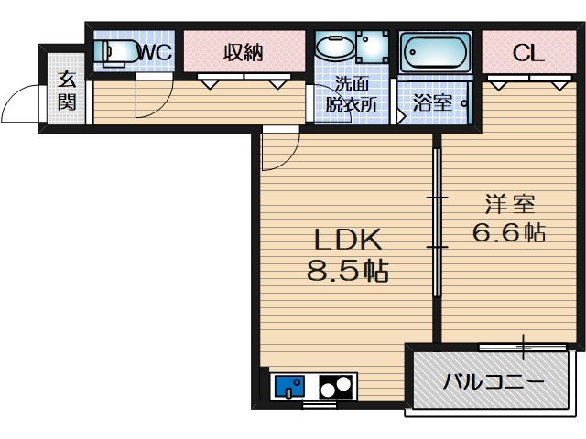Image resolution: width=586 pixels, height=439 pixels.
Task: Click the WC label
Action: pyautogui.click(x=156, y=53)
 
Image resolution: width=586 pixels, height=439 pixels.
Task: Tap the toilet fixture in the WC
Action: pyautogui.click(x=116, y=53)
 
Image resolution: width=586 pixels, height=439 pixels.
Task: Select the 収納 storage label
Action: pyautogui.click(x=244, y=53)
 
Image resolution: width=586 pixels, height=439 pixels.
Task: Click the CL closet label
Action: pyautogui.click(x=528, y=53)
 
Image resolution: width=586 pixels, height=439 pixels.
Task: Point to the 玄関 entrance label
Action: pyautogui.click(x=67, y=91)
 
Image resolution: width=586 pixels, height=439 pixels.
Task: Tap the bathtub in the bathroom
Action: pyautogui.click(x=435, y=53)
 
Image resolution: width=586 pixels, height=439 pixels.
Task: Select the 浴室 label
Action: pyautogui.click(x=432, y=102)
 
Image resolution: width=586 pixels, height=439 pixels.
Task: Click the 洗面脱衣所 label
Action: pyautogui.click(x=352, y=94)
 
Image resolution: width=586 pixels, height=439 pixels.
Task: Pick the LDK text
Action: pyautogui.click(x=348, y=240)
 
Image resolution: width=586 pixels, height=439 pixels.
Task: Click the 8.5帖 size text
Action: pyautogui.click(x=348, y=271)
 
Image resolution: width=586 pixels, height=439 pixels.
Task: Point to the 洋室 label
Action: pyautogui.click(x=510, y=204)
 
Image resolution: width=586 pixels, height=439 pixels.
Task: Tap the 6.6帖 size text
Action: pyautogui.click(x=509, y=232)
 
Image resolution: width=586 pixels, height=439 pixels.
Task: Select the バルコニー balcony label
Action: pyautogui.click(x=494, y=382)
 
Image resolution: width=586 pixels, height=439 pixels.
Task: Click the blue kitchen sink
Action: pyautogui.click(x=289, y=386)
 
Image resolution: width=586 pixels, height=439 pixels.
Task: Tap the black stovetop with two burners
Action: pyautogui.click(x=336, y=386)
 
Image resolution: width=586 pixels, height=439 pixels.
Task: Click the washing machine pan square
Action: pyautogui.click(x=372, y=47)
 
